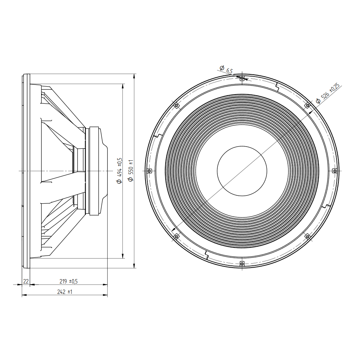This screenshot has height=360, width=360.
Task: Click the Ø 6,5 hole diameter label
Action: coord(226,69)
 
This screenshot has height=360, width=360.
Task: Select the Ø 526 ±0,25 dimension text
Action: coord(328,93)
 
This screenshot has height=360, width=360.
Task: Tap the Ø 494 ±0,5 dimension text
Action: coord(120,170)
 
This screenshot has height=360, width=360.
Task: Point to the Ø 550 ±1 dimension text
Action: coord(131,170)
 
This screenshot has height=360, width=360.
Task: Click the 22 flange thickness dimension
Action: coord(26,281)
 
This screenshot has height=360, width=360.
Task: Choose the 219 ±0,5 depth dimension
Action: coord(68,281)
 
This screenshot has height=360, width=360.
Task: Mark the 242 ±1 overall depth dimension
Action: coord(65,292)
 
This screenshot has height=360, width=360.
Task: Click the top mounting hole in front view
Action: coord(242,78)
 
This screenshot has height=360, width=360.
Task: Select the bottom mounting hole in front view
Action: coord(242,263)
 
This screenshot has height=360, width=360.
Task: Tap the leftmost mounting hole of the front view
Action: coord(149,171)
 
